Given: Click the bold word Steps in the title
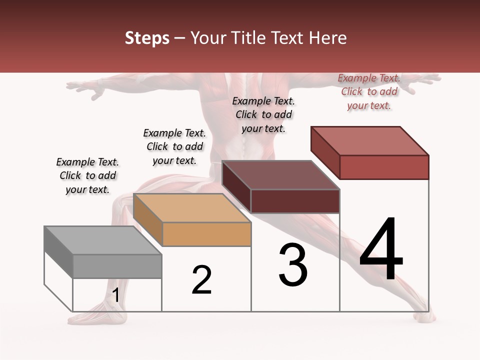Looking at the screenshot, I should click(x=147, y=38).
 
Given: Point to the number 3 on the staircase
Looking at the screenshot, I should click(x=293, y=265).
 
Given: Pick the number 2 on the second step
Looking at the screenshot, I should click(x=201, y=280).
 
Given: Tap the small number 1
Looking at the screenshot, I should click(x=116, y=295).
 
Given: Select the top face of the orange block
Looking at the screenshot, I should click(x=192, y=208).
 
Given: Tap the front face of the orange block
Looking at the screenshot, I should click(x=207, y=234).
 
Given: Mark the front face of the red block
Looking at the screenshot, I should click(x=384, y=167).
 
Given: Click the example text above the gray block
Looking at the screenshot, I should click(x=87, y=175).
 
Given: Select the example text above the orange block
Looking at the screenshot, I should click(x=174, y=146).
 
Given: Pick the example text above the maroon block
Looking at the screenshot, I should click(x=263, y=114).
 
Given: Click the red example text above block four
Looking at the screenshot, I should click(x=369, y=91).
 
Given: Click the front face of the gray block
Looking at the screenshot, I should click(x=117, y=266).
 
